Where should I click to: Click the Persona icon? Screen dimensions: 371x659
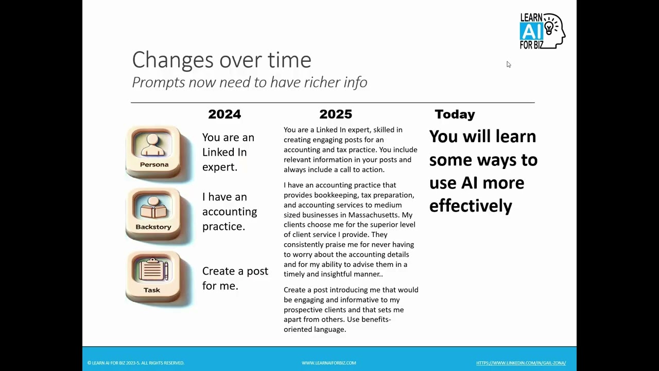[x=153, y=151]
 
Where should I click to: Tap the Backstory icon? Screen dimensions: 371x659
[x=153, y=214]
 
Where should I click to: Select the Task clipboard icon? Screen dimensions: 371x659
[x=152, y=277]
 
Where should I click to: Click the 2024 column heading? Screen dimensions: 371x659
[x=224, y=114]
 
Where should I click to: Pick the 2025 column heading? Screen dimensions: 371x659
[x=336, y=114]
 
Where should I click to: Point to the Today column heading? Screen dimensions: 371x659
[x=455, y=114]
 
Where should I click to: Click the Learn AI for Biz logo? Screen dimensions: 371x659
[x=542, y=31]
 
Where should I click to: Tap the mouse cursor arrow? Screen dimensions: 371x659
[x=508, y=64]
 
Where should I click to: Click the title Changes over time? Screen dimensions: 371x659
[x=221, y=60]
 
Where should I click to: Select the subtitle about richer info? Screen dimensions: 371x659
[x=249, y=82]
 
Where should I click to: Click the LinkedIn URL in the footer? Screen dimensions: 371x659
[x=521, y=363]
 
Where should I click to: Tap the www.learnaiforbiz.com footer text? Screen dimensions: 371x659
[x=328, y=363]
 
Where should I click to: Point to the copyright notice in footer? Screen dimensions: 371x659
[x=136, y=363]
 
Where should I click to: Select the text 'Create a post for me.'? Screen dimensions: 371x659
[x=235, y=278]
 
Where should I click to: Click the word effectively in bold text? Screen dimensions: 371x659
[x=471, y=206]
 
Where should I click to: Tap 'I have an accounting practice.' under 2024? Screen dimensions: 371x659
[x=229, y=211]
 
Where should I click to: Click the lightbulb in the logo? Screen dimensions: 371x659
[x=549, y=25]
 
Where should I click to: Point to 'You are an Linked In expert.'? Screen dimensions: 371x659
[x=228, y=152]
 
